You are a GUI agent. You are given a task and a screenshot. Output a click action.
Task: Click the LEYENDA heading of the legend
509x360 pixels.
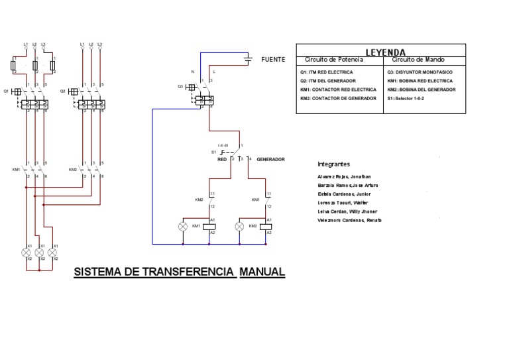(x=386, y=52)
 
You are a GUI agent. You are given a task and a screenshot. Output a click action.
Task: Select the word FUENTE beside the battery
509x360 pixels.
(x=273, y=60)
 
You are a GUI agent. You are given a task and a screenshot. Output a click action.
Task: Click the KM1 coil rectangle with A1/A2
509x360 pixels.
(x=210, y=226)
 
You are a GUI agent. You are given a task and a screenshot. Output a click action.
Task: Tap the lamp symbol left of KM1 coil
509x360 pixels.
(x=184, y=226)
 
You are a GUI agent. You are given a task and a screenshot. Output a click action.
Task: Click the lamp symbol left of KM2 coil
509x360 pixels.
(x=240, y=226)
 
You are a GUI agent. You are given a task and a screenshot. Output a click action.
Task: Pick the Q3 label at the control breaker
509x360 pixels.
(x=180, y=86)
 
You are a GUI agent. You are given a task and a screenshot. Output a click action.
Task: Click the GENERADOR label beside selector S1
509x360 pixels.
(x=270, y=160)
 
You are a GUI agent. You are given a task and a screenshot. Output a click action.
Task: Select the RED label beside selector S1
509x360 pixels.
(x=222, y=160)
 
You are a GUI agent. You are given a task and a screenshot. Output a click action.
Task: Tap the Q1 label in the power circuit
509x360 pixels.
(x=7, y=90)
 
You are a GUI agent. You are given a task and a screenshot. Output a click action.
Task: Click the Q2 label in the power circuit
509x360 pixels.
(x=63, y=90)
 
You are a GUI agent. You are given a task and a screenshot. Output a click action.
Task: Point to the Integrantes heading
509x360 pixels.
(x=334, y=164)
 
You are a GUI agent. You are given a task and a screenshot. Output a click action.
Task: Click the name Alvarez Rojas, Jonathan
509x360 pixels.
(x=343, y=177)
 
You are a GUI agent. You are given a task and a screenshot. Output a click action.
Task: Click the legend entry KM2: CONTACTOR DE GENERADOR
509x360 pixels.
(x=334, y=98)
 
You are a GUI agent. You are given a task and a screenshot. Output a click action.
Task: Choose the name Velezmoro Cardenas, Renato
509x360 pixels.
(x=349, y=220)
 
